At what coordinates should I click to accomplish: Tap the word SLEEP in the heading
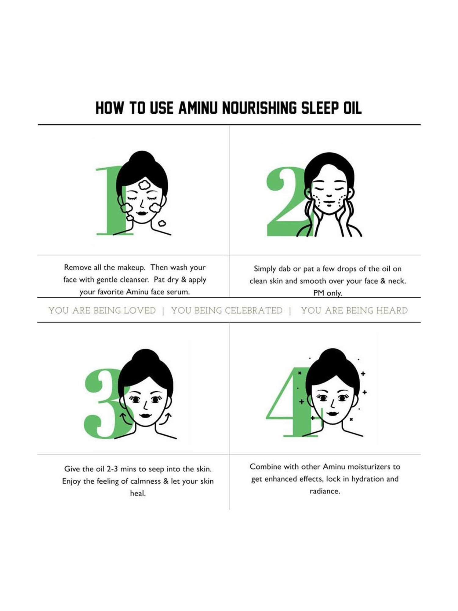320,108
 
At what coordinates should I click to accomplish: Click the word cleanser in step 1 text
133,280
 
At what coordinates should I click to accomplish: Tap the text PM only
328,293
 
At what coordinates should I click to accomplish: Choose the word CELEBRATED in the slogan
253,310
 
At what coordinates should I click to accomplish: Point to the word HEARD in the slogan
392,310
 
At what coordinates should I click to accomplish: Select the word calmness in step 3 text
145,481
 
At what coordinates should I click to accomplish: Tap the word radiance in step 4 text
325,491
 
